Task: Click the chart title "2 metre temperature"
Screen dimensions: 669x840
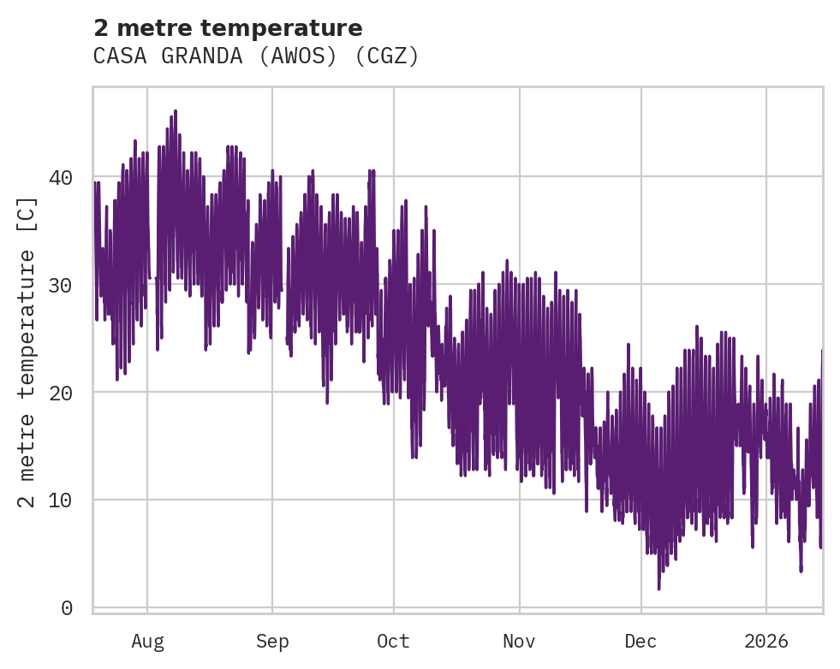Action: [x=228, y=28]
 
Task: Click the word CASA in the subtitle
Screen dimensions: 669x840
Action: [x=119, y=56]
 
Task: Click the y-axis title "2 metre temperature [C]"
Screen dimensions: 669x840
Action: [x=27, y=352]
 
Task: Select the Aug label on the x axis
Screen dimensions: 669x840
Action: [x=147, y=642]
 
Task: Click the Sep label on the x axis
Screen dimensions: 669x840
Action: [x=272, y=642]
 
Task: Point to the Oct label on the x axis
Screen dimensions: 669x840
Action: [x=394, y=642]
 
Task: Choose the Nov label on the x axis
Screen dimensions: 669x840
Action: [x=519, y=642]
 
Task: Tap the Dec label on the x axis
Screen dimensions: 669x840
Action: [x=640, y=642]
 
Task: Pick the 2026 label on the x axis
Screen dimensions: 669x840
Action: [x=766, y=642]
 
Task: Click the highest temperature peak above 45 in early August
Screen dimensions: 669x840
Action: [x=176, y=111]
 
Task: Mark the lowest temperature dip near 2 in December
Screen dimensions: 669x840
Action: [x=658, y=589]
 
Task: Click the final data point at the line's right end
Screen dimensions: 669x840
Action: [x=822, y=350]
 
